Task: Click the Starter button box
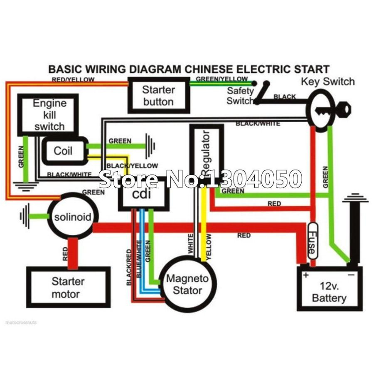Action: click(x=159, y=96)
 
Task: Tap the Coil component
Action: click(x=64, y=150)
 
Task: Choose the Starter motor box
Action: click(x=68, y=288)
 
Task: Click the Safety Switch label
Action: click(x=240, y=96)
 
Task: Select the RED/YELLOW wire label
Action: click(x=73, y=79)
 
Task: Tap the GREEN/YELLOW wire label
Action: click(x=221, y=79)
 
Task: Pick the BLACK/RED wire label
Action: click(x=129, y=266)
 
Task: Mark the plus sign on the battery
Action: click(x=306, y=275)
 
